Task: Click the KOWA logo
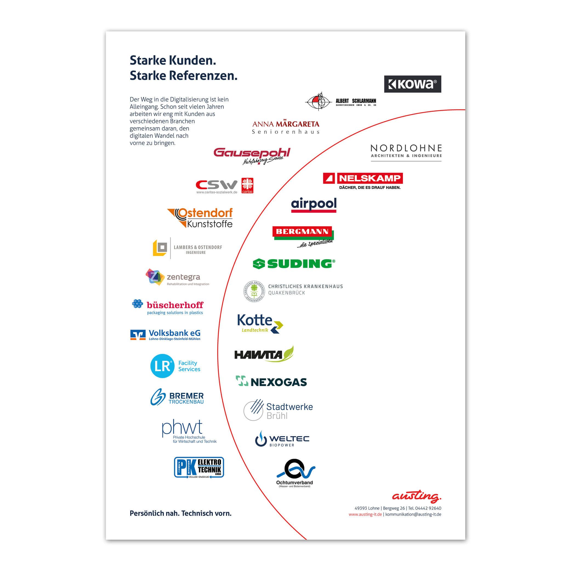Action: pyautogui.click(x=412, y=84)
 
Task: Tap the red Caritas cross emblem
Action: pyautogui.click(x=247, y=185)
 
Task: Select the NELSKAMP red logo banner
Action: pyautogui.click(x=363, y=178)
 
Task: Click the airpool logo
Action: pyautogui.click(x=314, y=204)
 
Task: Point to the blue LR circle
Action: pyautogui.click(x=162, y=366)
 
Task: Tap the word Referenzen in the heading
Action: pyautogui.click(x=203, y=76)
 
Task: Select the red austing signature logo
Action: pyautogui.click(x=416, y=496)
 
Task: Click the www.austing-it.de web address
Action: pyautogui.click(x=365, y=515)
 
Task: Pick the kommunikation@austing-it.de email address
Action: pyautogui.click(x=413, y=515)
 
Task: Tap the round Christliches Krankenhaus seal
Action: pyautogui.click(x=254, y=291)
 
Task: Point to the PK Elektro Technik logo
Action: pyautogui.click(x=199, y=467)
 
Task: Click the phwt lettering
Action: pyautogui.click(x=182, y=428)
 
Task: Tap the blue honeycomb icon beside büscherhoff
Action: pyautogui.click(x=137, y=303)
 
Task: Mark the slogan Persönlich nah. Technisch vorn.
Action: pyautogui.click(x=181, y=513)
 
